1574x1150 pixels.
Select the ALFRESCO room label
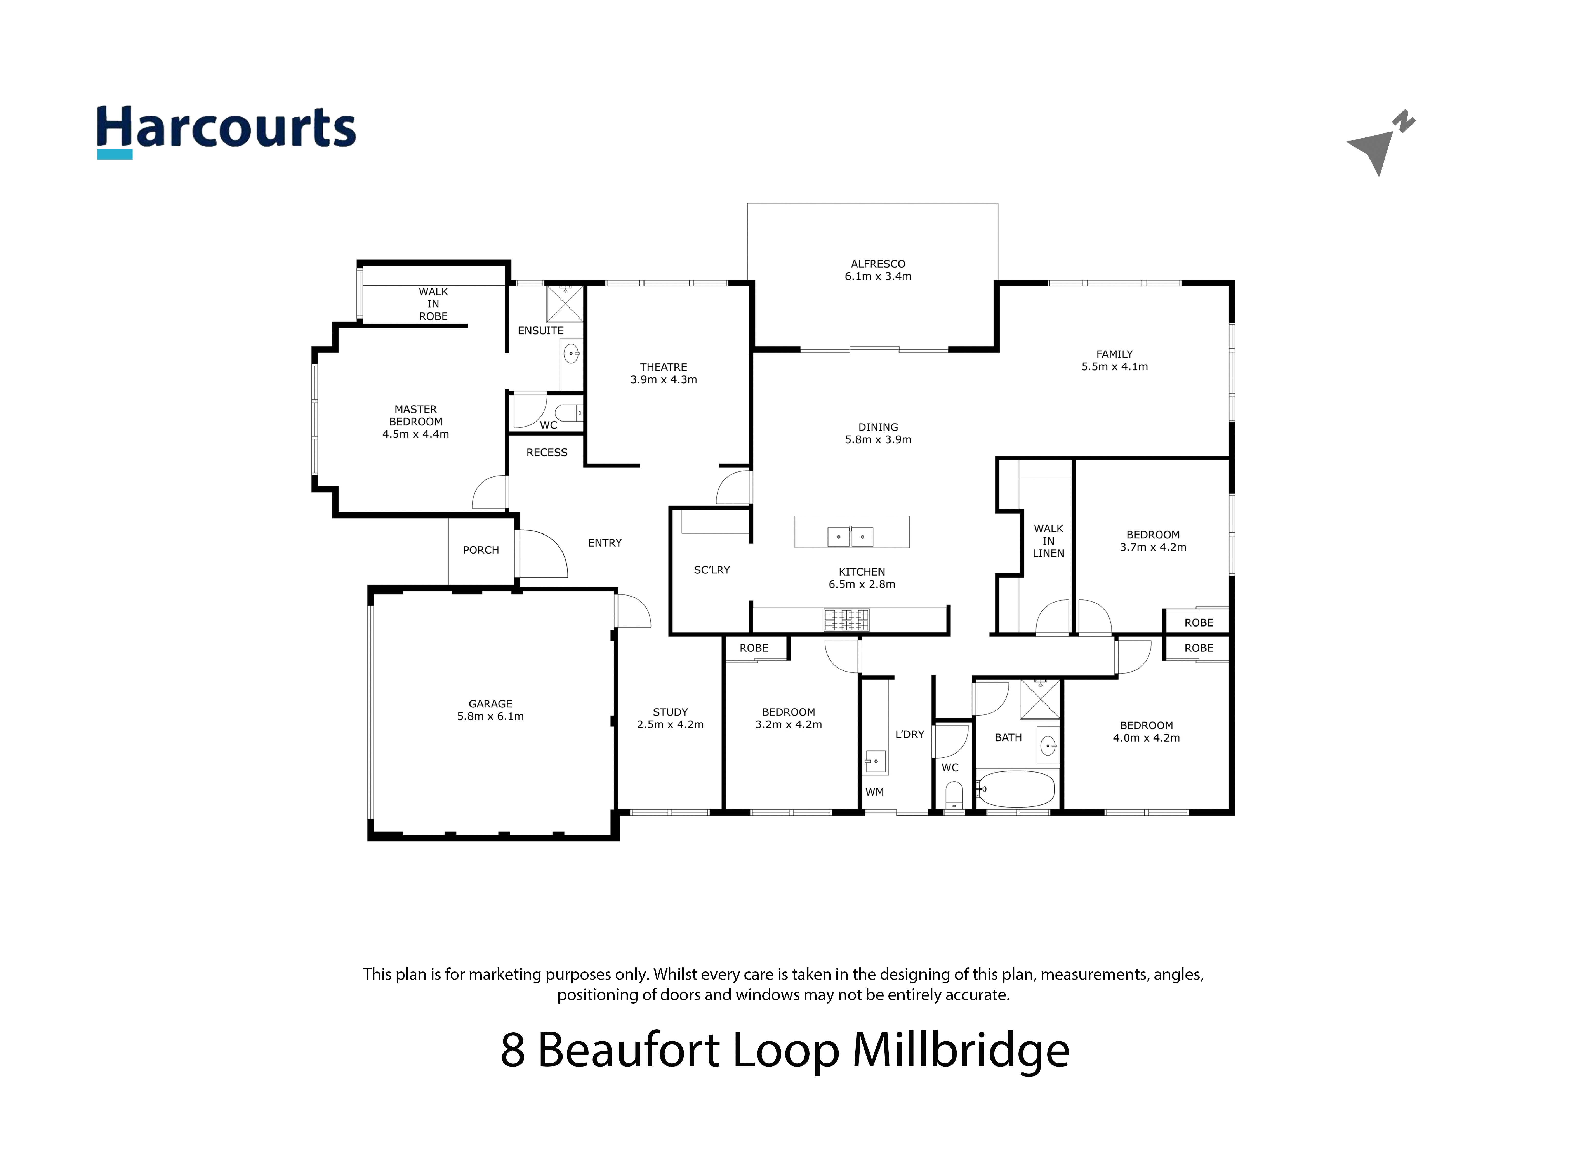(x=878, y=264)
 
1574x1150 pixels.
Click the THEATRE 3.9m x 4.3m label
(x=663, y=373)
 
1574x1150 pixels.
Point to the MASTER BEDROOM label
(x=416, y=416)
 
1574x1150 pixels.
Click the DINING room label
(x=878, y=427)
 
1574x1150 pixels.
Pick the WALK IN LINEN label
(x=1048, y=541)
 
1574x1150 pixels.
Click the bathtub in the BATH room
(x=1016, y=788)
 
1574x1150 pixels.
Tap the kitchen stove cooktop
(x=846, y=619)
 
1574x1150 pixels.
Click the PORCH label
(x=481, y=550)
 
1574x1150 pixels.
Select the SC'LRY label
(x=711, y=569)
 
